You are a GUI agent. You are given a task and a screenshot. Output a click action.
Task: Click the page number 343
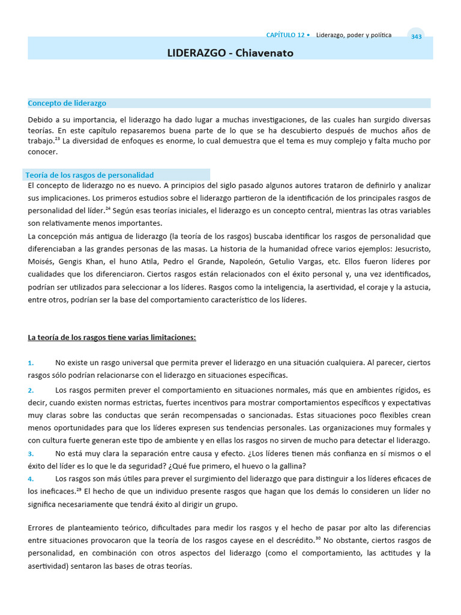416,37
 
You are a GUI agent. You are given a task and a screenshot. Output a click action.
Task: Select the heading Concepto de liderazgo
67,103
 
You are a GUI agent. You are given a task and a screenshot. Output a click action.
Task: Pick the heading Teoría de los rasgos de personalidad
89,175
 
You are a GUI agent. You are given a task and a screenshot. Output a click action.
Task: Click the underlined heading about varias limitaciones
112,338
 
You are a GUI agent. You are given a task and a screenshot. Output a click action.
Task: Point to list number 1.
31,363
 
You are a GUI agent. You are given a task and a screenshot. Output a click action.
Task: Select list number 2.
31,390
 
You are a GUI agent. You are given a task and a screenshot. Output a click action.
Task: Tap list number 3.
31,453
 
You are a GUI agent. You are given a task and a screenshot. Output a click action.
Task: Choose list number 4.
31,478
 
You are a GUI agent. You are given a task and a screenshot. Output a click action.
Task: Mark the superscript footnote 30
319,538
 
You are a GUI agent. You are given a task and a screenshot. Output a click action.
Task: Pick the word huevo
244,465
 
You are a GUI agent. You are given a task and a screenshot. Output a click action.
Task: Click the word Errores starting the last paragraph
41,528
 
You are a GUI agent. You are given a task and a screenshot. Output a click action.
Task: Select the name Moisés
41,261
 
